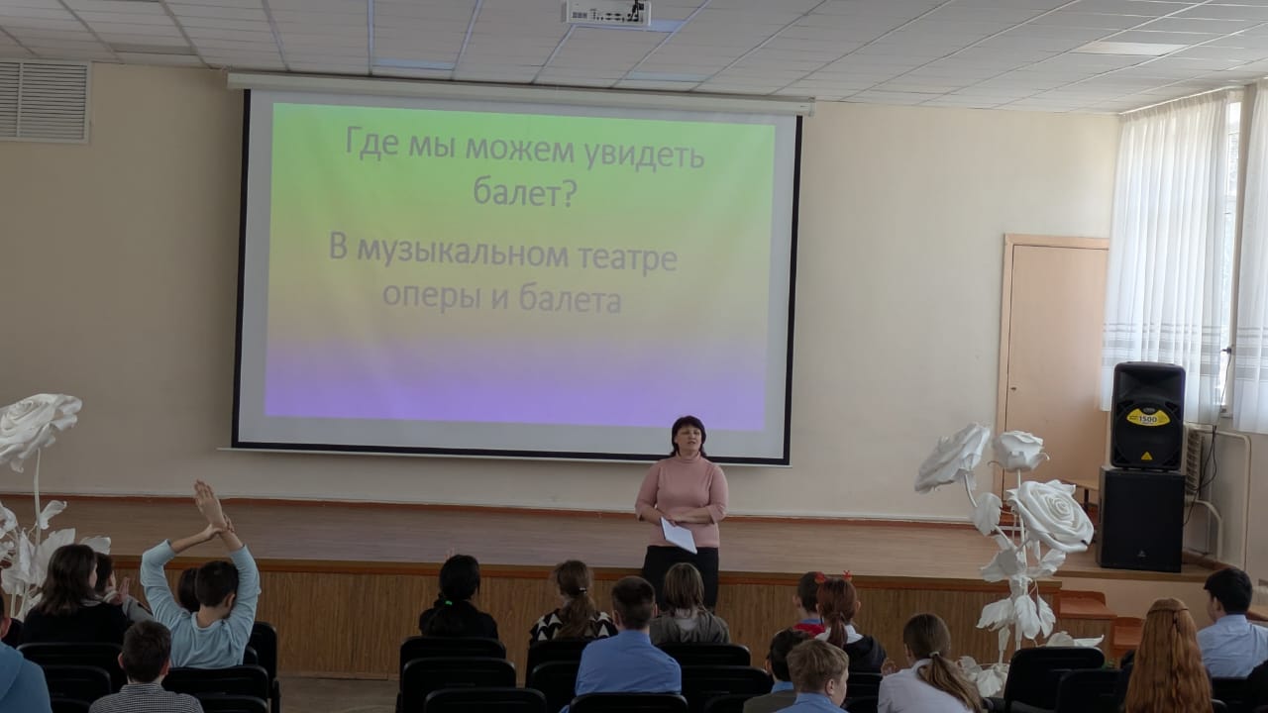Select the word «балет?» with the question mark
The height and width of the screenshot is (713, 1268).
525,192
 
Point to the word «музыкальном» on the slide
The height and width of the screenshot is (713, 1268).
463,254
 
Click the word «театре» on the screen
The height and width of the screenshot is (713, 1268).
628,258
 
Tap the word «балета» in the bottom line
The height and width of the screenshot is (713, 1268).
570,299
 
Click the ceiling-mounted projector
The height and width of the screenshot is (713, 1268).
608,13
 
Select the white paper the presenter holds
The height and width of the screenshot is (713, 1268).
679,535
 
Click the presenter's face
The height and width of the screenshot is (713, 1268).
687,442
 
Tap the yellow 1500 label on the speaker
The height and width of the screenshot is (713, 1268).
1147,418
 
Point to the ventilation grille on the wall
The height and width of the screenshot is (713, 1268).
45,101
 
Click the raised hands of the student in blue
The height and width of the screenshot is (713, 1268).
212,509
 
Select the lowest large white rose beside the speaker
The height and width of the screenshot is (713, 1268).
1049,516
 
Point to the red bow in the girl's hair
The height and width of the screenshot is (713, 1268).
846,575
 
